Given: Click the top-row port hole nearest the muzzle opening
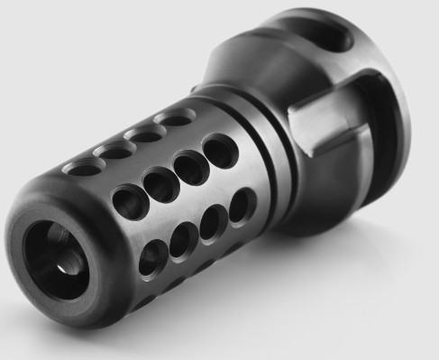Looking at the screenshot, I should tap(84, 167).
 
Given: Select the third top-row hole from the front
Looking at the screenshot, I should tap(146, 133).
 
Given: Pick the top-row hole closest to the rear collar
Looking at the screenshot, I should tap(174, 117).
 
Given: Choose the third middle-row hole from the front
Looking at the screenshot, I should tap(190, 167).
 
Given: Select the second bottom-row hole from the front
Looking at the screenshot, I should tap(184, 239).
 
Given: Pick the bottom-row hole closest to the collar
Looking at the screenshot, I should tap(241, 206).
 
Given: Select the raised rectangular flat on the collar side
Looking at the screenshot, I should tap(316, 125).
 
